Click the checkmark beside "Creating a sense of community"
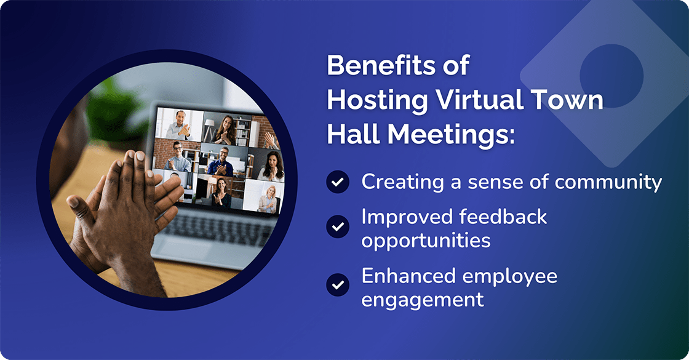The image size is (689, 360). point(337,182)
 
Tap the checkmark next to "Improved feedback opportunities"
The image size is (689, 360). point(337,226)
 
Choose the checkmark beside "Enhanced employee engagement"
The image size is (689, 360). point(337,286)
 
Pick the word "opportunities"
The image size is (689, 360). point(426,240)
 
